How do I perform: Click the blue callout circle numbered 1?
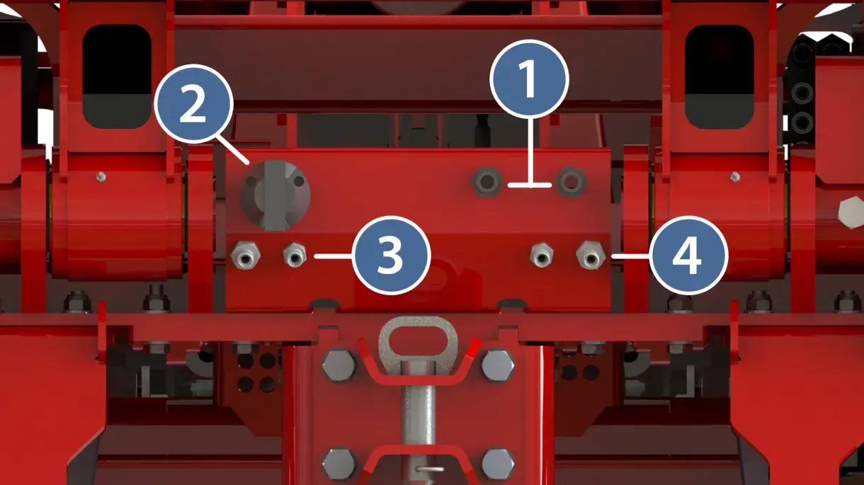(x=529, y=79)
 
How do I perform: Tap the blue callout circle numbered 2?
(x=193, y=104)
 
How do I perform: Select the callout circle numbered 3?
(x=392, y=255)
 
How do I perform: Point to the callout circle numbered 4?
(x=688, y=255)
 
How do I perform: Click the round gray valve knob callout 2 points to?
(x=275, y=195)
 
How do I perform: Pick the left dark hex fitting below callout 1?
(x=487, y=182)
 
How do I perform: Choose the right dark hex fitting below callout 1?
(x=572, y=181)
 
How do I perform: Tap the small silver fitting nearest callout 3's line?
(x=295, y=254)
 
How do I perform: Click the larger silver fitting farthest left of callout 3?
(x=245, y=255)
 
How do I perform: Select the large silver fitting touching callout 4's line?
(x=591, y=255)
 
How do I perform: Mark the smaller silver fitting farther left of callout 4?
(x=542, y=254)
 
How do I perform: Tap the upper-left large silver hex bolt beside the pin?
(x=339, y=365)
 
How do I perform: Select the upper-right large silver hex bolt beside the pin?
(x=498, y=365)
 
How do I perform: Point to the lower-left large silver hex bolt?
(x=339, y=464)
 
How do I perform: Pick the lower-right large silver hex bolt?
(x=498, y=464)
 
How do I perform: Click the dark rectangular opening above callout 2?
(x=116, y=76)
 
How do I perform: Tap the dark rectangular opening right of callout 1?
(x=720, y=76)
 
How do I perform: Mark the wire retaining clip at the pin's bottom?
(x=431, y=469)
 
